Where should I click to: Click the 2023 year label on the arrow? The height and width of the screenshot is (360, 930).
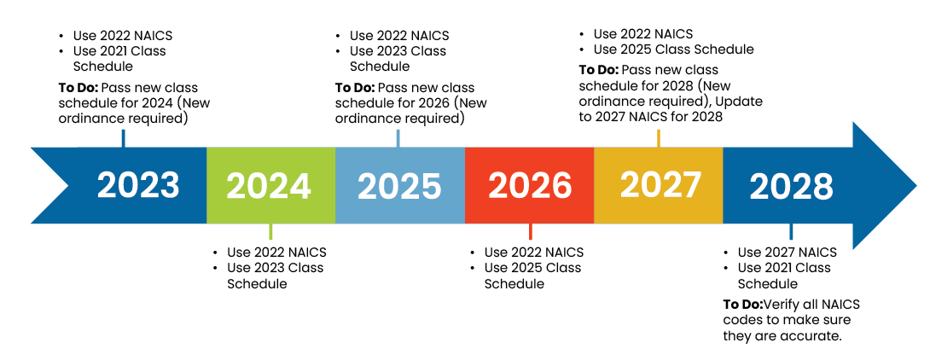pyautogui.click(x=138, y=185)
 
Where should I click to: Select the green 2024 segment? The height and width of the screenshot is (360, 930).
pyautogui.click(x=269, y=186)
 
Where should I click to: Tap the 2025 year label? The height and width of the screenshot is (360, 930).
pyautogui.click(x=398, y=186)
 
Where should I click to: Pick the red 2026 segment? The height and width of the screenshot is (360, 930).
pyautogui.click(x=530, y=186)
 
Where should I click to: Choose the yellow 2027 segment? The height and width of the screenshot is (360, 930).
pyautogui.click(x=660, y=184)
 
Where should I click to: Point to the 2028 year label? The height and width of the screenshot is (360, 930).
pyautogui.click(x=791, y=186)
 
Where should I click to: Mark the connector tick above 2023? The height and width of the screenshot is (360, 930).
pyautogui.click(x=124, y=138)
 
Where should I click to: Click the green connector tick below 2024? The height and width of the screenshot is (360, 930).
pyautogui.click(x=270, y=231)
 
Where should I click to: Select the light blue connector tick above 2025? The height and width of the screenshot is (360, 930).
pyautogui.click(x=398, y=138)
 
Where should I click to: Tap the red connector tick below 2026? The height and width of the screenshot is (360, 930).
pyautogui.click(x=530, y=231)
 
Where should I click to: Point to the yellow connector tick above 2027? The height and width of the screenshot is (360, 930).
pyautogui.click(x=658, y=138)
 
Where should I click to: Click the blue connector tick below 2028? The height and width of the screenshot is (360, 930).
pyautogui.click(x=791, y=231)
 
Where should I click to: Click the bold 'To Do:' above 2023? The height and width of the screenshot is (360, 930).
pyautogui.click(x=78, y=88)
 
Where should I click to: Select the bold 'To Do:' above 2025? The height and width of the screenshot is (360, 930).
pyautogui.click(x=354, y=88)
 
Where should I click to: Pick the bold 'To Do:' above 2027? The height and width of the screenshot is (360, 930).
pyautogui.click(x=599, y=70)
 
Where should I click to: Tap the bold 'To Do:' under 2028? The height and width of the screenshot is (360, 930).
pyautogui.click(x=742, y=305)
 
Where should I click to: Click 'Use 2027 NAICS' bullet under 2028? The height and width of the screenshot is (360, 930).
pyautogui.click(x=787, y=253)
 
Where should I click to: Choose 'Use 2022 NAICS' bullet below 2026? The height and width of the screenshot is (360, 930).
pyautogui.click(x=533, y=253)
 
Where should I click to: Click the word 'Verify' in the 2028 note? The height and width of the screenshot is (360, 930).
pyautogui.click(x=780, y=305)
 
